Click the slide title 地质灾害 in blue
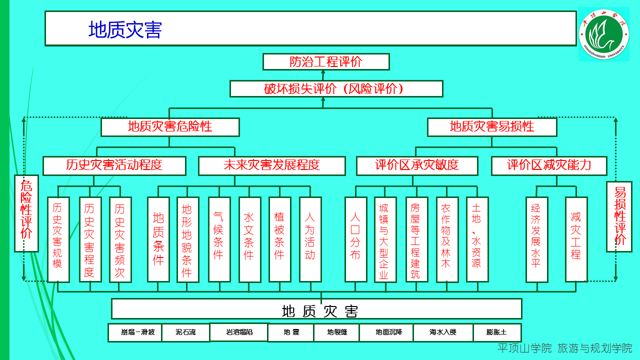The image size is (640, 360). click(x=125, y=30)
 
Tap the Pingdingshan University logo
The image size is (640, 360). click(x=603, y=34)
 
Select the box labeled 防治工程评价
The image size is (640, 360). click(x=326, y=62)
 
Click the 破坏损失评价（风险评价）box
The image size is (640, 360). click(x=336, y=89)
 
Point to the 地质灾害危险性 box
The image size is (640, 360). click(x=170, y=127)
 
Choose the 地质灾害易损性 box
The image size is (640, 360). click(x=492, y=127)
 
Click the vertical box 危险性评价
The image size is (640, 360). click(x=26, y=213)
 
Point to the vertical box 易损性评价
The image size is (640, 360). click(x=619, y=216)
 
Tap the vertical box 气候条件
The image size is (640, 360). click(x=219, y=239)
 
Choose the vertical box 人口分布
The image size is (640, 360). click(x=355, y=239)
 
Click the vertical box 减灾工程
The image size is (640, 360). click(x=576, y=239)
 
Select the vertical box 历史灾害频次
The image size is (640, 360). click(x=120, y=239)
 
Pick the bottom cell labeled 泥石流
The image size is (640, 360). click(x=185, y=332)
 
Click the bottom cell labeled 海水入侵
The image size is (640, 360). click(x=442, y=332)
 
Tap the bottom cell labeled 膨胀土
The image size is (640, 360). click(x=496, y=332)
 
